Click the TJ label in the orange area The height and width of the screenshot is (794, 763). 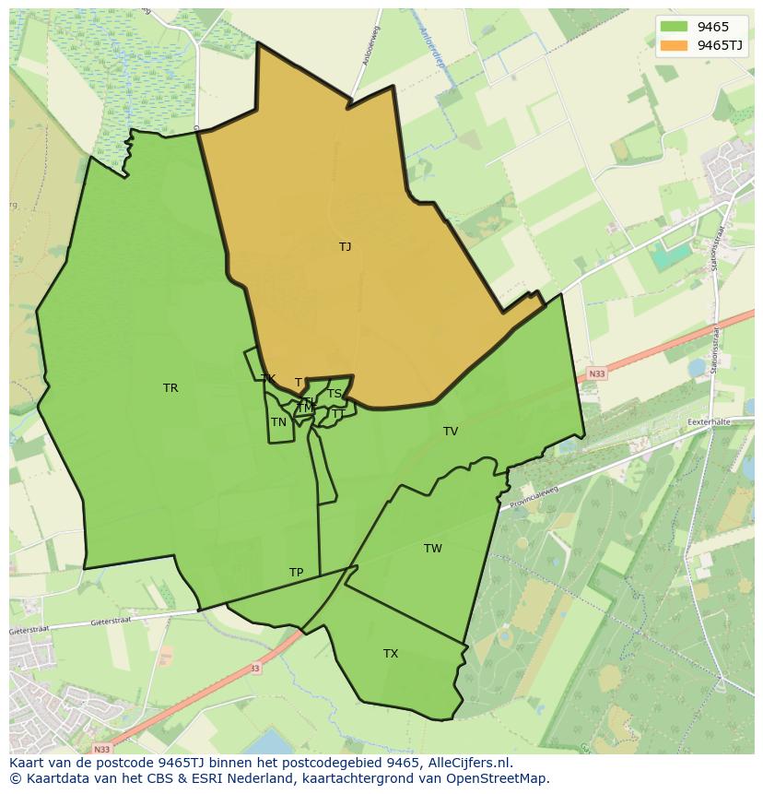tap(345, 247)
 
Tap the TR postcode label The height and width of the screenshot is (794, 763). tap(170, 388)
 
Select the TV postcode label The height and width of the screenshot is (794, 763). tap(451, 432)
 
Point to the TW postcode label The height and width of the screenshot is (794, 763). tap(433, 549)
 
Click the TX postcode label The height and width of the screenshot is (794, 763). tap(391, 654)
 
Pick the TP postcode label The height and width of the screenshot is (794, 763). tap(296, 573)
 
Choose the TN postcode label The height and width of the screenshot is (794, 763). tap(278, 422)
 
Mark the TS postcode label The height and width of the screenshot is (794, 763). tap(335, 394)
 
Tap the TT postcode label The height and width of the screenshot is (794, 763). tap(337, 414)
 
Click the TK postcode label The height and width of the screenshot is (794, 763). tap(268, 379)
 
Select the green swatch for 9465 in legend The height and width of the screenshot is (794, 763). tap(674, 27)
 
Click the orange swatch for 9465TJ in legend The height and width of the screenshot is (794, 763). tap(674, 45)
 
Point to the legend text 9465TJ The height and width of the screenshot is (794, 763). tap(720, 45)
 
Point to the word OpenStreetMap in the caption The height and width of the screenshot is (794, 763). tap(503, 778)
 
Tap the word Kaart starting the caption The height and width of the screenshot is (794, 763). tap(28, 763)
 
